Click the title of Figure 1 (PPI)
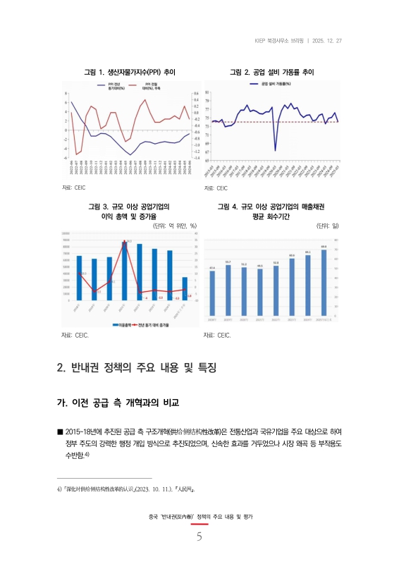[x=130, y=73]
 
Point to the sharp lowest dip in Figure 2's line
[x=275, y=149]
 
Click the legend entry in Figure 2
[x=271, y=84]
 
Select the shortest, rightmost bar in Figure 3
[x=185, y=288]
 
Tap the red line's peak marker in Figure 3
[x=124, y=241]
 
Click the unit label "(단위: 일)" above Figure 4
[x=327, y=226]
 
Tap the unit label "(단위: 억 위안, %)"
[x=174, y=226]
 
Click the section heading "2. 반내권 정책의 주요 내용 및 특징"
[x=135, y=368]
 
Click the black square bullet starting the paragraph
[x=60, y=431]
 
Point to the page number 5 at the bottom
[x=199, y=538]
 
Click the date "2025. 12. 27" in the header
[x=326, y=39]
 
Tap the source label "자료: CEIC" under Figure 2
[x=216, y=188]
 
